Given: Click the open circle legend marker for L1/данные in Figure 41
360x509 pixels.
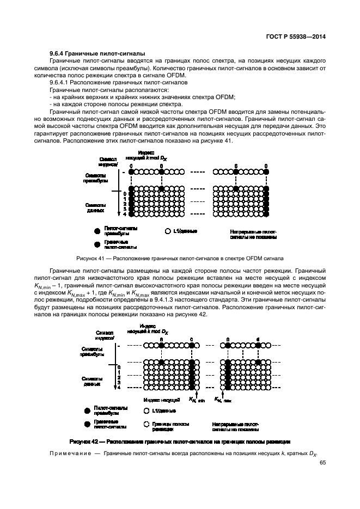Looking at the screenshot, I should (x=168, y=231).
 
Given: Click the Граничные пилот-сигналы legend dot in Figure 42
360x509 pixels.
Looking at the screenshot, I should (x=88, y=423).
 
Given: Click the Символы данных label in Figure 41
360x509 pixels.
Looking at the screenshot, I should (x=99, y=207).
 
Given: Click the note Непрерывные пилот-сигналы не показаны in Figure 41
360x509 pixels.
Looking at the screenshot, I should (x=253, y=234).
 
